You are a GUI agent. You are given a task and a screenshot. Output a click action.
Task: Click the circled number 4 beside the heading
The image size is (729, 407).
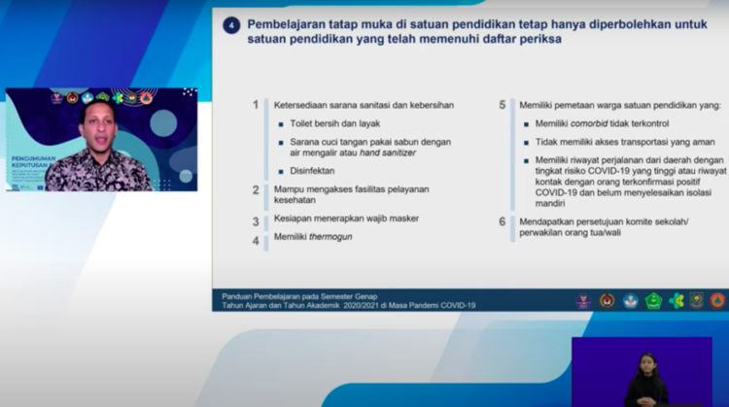[231, 25]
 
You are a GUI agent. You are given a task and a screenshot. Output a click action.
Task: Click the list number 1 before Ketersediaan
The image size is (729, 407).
[256, 105]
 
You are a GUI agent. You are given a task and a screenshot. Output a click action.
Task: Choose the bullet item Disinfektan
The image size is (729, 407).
[311, 171]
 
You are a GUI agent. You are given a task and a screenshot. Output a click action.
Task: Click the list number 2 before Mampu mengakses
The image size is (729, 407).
[256, 190]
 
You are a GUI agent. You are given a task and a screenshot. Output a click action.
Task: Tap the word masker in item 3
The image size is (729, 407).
[402, 219]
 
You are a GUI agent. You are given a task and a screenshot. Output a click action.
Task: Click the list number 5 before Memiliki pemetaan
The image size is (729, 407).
[503, 105]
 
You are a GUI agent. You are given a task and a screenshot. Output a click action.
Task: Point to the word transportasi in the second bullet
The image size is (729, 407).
[651, 142]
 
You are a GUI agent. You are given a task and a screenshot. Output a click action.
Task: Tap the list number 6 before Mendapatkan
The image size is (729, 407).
[503, 222]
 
